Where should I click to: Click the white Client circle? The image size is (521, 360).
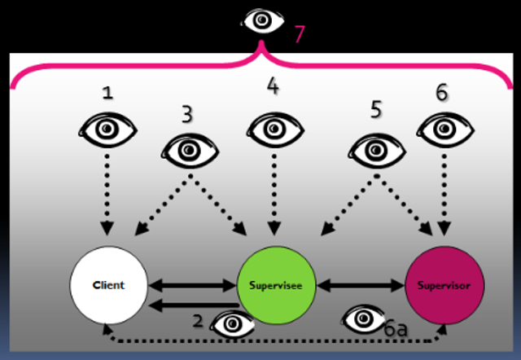(108, 286)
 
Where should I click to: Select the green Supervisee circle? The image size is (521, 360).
(275, 286)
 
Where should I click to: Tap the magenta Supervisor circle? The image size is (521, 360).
(444, 286)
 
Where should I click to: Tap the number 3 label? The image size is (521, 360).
(187, 113)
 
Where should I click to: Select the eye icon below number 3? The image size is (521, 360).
(190, 150)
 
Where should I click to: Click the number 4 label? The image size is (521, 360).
(273, 86)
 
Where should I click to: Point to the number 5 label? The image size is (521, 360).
(376, 110)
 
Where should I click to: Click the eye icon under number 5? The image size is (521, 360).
(376, 149)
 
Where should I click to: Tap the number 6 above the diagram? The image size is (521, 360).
(441, 92)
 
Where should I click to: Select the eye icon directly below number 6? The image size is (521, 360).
(444, 129)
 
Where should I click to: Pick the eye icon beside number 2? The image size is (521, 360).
(232, 323)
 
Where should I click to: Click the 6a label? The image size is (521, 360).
(395, 329)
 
